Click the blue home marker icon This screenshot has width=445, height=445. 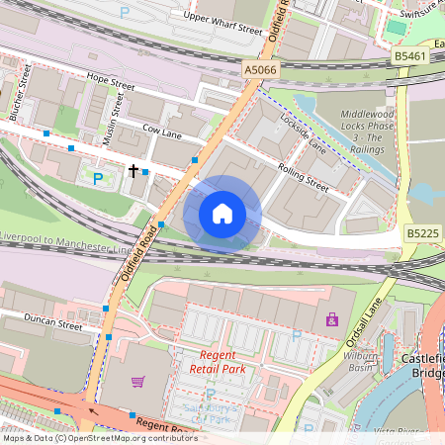(222, 214)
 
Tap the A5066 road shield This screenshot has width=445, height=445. (259, 69)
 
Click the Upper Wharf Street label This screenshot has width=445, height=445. (222, 24)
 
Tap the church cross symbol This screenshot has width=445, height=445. (133, 171)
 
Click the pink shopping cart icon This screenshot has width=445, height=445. (138, 382)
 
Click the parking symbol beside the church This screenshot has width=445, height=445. (97, 179)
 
